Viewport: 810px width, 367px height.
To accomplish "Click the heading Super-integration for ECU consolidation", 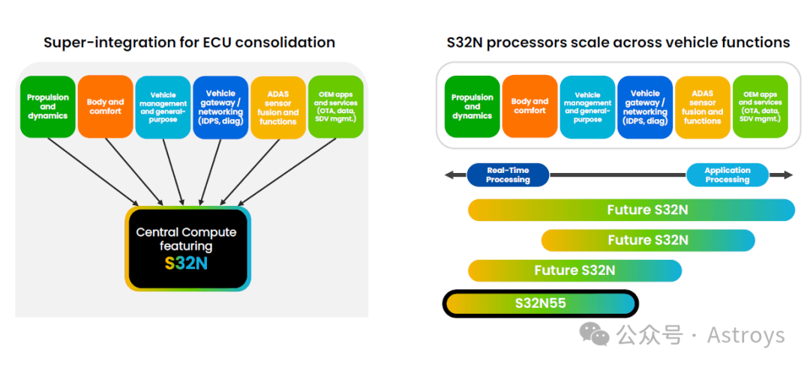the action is click(189, 43).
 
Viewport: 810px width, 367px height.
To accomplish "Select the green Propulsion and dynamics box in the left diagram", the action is click(47, 107).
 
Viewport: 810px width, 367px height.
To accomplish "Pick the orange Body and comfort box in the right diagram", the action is click(529, 106).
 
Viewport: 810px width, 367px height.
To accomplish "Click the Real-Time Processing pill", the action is click(508, 175).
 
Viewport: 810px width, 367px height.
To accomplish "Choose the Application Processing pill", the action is click(727, 175).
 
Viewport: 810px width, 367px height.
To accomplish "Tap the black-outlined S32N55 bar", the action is click(540, 303).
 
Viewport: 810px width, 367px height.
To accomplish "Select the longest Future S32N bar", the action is click(631, 210).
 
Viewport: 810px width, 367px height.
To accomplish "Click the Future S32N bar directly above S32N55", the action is click(575, 270).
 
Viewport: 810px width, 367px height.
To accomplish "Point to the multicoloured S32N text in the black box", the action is click(186, 263).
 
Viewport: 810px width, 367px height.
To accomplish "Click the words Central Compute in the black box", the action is click(186, 232).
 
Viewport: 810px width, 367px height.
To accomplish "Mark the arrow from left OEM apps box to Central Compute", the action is click(286, 172).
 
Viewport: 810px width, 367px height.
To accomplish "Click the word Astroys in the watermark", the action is click(746, 336).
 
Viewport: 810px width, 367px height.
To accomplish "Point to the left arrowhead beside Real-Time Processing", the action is click(448, 175).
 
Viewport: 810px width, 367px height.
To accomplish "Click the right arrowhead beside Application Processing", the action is click(788, 175).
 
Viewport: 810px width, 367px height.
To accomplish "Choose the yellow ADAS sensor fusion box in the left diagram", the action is click(278, 107).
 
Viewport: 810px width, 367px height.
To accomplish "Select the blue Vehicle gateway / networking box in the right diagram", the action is click(645, 107).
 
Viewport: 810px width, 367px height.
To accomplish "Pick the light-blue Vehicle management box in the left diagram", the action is click(163, 107).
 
